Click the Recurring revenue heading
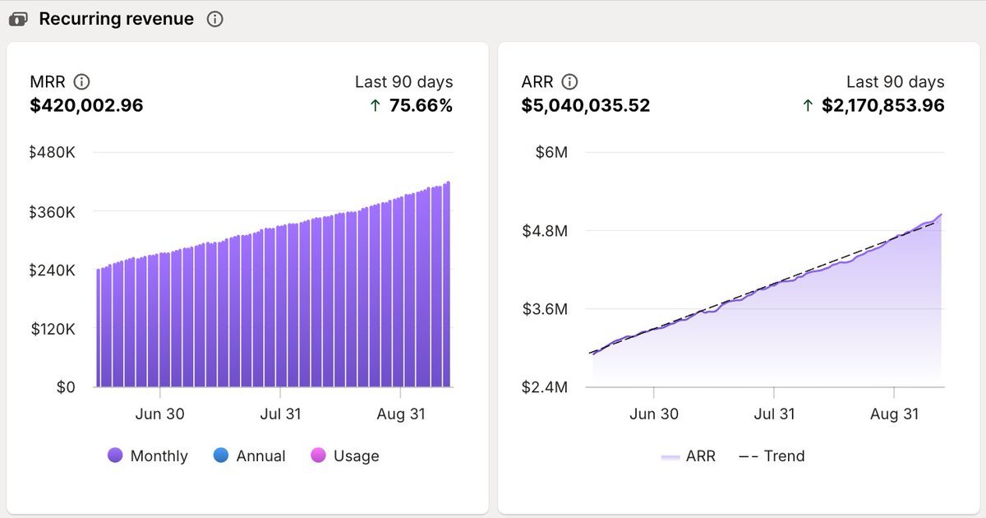117,19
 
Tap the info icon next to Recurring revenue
215,19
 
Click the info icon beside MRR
81,81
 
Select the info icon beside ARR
569,81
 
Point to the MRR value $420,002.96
86,105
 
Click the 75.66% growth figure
422,105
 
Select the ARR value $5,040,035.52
586,105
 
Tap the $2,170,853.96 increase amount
882,105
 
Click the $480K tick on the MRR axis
53,153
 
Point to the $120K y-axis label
53,329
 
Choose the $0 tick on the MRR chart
66,387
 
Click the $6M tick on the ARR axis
551,153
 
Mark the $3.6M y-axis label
545,309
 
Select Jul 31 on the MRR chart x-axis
281,414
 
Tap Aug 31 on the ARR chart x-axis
895,414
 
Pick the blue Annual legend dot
220,456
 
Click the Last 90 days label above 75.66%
403,81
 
